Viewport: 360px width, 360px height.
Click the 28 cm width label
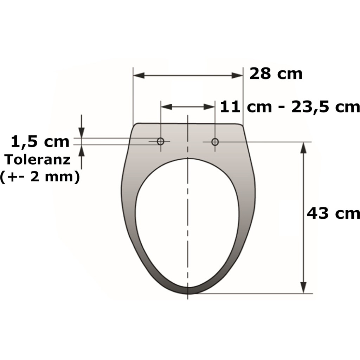276,74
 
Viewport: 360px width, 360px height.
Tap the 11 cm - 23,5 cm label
290,107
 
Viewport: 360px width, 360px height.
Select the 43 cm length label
333,213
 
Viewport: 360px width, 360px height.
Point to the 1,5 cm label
40,142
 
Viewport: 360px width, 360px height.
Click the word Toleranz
38,160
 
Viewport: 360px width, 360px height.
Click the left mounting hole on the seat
161,142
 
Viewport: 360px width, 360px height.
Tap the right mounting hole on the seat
215,142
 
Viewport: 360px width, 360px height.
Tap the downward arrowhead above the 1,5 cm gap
82,133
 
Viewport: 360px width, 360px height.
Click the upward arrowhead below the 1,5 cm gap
82,150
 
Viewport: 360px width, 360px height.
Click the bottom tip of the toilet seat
188,293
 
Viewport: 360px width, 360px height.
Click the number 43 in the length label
318,213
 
